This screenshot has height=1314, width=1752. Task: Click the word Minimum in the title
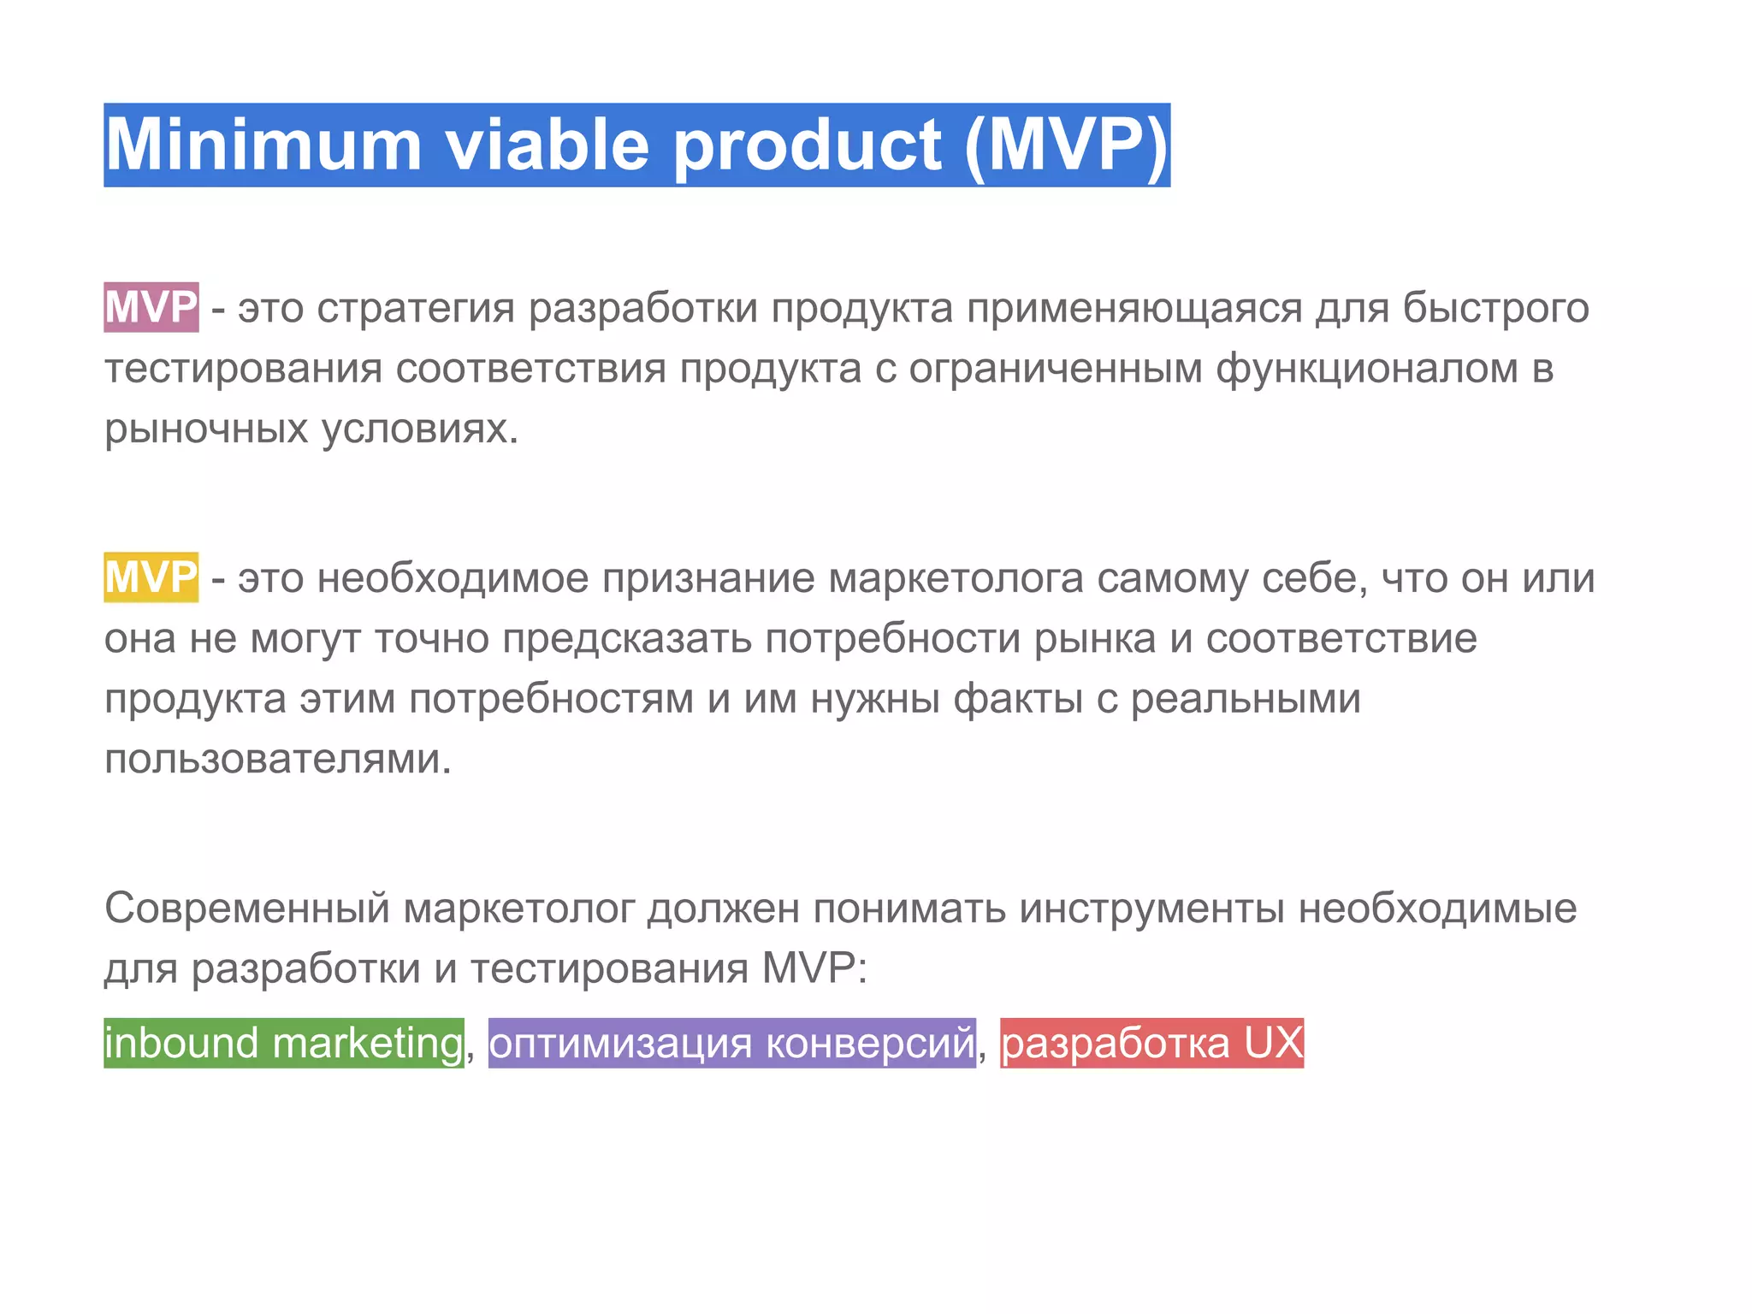(263, 145)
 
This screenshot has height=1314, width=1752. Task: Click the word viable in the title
(547, 145)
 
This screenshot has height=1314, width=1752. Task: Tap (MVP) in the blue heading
(1066, 145)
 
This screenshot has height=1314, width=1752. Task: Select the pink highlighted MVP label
(151, 307)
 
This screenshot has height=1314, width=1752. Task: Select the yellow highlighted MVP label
(151, 577)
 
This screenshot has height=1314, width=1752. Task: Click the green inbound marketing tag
(283, 1043)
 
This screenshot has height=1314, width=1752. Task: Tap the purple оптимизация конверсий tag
(731, 1043)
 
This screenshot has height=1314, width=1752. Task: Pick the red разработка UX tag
(1151, 1043)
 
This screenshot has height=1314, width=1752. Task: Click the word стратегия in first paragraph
(416, 309)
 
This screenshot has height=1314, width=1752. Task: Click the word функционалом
(1367, 370)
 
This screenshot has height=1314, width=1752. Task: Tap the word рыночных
(206, 429)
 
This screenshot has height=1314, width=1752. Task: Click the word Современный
(247, 909)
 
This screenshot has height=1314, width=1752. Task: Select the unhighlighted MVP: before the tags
(814, 969)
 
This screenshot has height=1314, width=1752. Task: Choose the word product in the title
(808, 145)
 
